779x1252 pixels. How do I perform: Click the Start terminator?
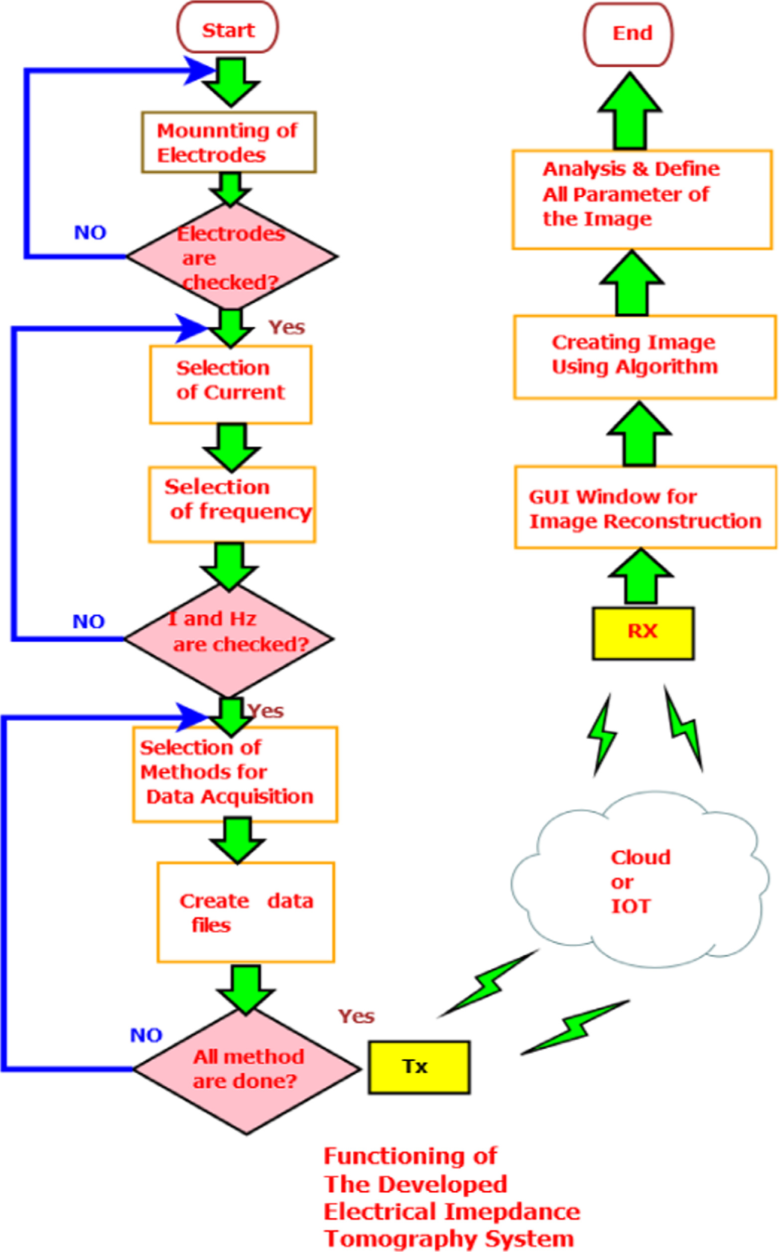227,29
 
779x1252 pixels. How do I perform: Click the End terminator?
628,34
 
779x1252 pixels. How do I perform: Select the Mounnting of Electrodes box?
229,142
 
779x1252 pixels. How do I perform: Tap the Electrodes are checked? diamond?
232,256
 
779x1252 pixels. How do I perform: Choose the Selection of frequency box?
232,504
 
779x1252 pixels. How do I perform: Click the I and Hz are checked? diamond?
229,639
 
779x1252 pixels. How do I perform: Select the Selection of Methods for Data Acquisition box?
235,774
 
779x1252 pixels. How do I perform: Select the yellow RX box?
643,633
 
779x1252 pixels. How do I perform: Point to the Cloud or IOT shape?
639,881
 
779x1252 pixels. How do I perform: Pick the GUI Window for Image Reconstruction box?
645,507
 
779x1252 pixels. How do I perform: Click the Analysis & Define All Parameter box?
642,199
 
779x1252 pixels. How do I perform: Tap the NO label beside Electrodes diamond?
90,233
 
